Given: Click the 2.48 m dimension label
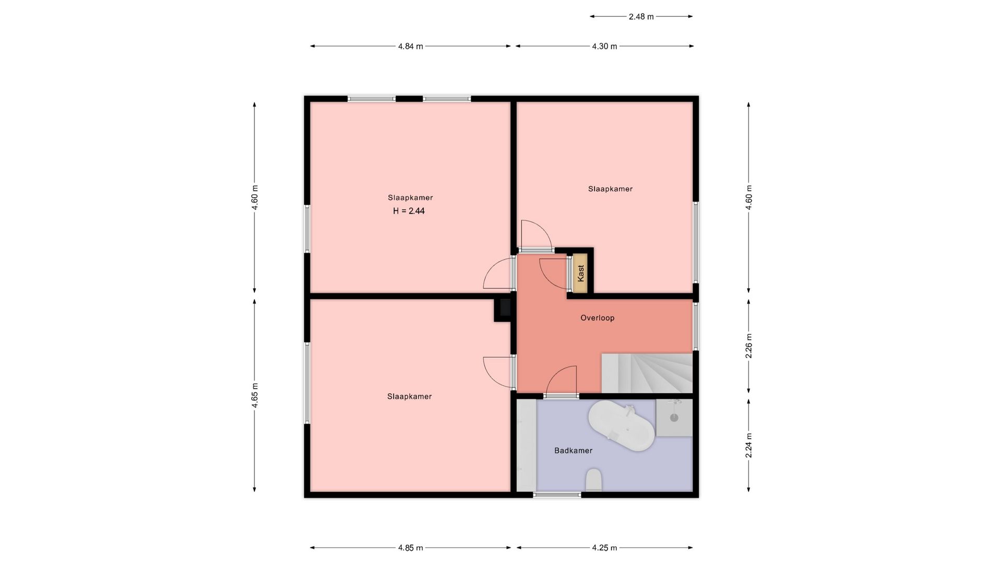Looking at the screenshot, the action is pos(641,17).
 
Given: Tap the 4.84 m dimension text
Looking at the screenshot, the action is pos(410,46).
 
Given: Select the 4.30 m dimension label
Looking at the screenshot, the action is pos(604,46).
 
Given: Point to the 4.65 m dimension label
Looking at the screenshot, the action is pos(255,395).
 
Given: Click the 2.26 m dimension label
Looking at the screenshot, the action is pos(749,346).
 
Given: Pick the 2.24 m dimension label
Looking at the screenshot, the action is pos(749,445).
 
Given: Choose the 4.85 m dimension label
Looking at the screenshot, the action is pos(410,548).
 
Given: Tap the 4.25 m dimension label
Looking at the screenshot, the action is pos(604,548).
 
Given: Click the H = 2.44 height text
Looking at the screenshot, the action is pos(409,211).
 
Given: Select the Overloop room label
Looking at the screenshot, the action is pos(598,318).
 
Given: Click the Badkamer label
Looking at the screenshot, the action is pos(573,450).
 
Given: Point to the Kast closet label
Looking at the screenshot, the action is pos(580,273).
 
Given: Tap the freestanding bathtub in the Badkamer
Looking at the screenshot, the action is pos(621,426).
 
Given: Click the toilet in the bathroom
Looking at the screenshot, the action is pos(593,480).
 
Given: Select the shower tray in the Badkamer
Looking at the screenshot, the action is pos(674,418).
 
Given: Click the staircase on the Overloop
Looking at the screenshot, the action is pos(647,373).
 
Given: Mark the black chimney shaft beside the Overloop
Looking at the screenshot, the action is pos(503,310).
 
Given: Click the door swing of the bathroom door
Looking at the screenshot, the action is pos(562,382).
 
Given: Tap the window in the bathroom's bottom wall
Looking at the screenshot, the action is pos(557,495).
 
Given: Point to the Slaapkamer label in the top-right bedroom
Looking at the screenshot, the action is pos(610,189).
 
